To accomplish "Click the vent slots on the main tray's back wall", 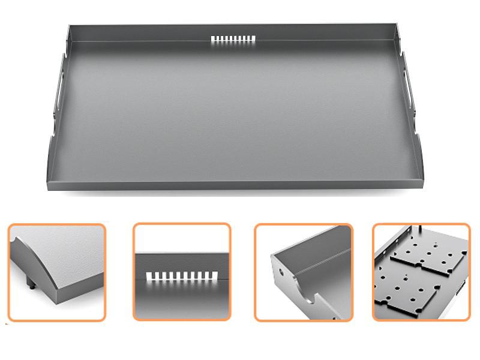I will click(233, 40).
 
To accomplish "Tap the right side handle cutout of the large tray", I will click(407, 84).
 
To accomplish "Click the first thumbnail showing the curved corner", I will click(56, 272).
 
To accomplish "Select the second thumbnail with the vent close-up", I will click(182, 272).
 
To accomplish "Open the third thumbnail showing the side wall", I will click(304, 272).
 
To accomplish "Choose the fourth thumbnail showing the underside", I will click(421, 272).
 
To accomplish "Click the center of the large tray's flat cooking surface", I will click(234, 108).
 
